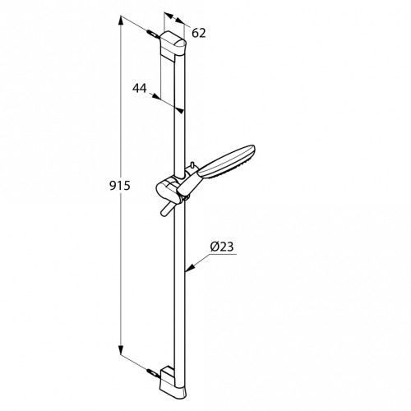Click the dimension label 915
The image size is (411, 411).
[120, 186]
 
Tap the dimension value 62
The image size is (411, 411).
[199, 33]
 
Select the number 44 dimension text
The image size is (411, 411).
[140, 88]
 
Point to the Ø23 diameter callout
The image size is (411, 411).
[222, 247]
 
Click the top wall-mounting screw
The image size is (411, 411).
[152, 34]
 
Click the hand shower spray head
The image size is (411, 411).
[226, 162]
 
